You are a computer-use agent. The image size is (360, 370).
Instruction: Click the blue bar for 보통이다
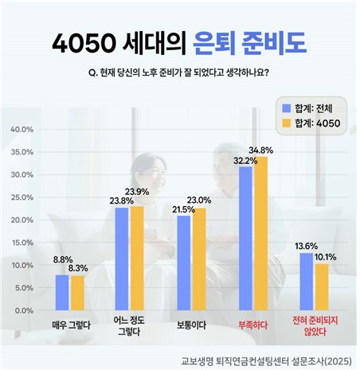184,263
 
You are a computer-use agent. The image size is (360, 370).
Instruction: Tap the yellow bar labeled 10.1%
322,286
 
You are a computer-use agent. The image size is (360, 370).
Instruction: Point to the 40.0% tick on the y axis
21,129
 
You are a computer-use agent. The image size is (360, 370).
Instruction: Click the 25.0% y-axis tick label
21,197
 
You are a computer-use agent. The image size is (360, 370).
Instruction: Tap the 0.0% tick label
22,310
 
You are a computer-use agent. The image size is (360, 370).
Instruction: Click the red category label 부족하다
253,325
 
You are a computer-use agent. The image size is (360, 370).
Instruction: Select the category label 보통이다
191,325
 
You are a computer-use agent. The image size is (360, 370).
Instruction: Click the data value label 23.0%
199,200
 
